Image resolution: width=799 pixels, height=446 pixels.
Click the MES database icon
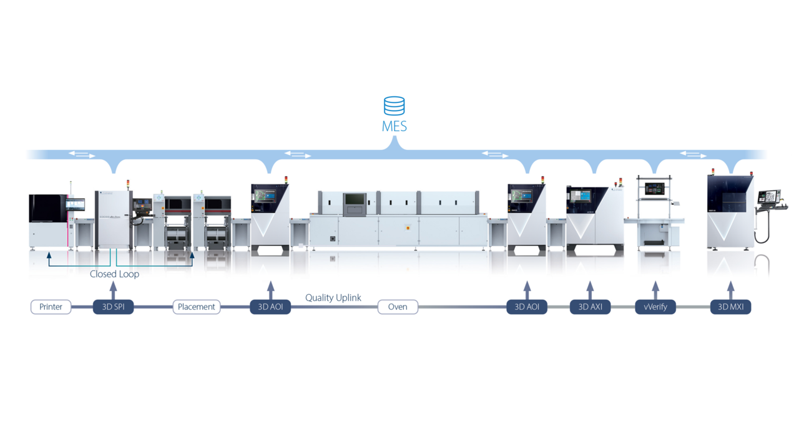394,106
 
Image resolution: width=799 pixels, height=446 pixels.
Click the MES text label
394,126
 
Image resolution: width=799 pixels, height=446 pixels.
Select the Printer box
51,307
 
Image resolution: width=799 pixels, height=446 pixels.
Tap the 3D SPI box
113,307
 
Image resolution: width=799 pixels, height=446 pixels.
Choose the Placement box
196,307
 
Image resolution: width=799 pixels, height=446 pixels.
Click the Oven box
398,307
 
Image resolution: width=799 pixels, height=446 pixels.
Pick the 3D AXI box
590,307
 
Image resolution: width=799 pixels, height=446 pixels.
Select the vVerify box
655,307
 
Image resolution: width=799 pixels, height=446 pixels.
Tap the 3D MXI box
730,307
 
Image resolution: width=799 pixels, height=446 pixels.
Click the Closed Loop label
114,274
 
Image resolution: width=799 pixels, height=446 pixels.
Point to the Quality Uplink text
333,298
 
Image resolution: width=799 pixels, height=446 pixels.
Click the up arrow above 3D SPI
113,290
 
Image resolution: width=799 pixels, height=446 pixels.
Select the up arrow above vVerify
655,290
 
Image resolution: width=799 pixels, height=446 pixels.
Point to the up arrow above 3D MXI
730,290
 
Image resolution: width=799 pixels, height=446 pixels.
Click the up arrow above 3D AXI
590,290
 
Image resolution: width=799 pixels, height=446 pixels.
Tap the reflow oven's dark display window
355,201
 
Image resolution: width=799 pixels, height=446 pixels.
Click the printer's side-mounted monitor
76,204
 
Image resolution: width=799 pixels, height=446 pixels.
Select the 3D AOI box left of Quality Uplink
270,307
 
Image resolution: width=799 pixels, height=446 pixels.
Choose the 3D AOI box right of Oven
527,307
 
